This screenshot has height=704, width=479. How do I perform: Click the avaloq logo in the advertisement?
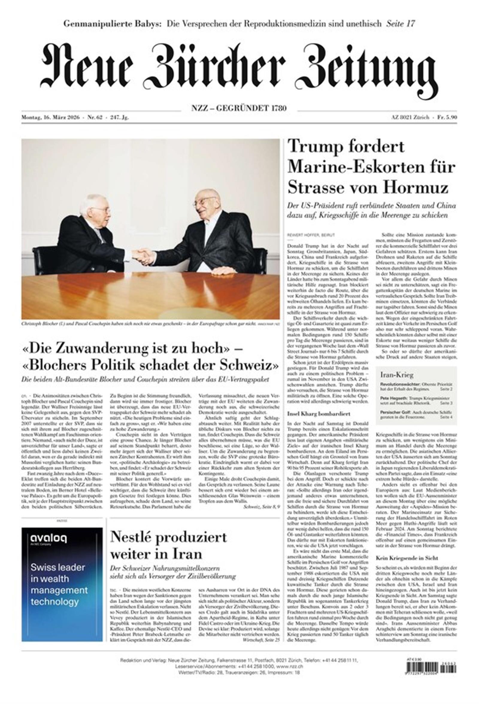pos(48,538)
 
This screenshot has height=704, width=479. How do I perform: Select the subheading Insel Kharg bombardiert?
pos(314,414)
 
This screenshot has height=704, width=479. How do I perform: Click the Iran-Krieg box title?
pos(396,375)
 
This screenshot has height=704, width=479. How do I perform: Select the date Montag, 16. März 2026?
pos(50,118)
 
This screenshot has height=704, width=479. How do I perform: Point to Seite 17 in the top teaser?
pos(400,24)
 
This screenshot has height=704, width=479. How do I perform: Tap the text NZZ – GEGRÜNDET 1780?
pos(239,108)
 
